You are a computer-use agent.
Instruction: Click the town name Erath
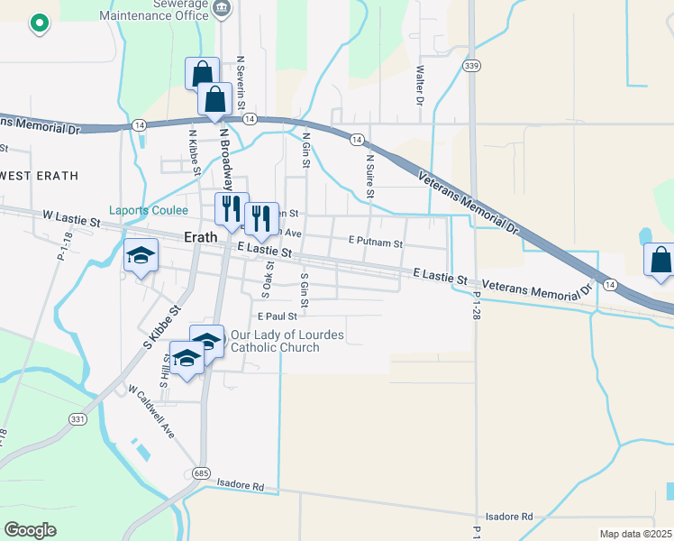tap(201, 237)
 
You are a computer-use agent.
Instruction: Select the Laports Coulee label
tap(149, 211)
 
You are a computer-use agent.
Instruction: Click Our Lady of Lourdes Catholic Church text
tap(287, 341)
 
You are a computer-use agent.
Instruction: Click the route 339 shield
tap(471, 66)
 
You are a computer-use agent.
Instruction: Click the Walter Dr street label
tap(420, 85)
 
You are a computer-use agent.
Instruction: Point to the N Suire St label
tap(369, 175)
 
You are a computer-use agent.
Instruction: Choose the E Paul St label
tap(277, 316)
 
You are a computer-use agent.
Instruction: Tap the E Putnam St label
tap(375, 243)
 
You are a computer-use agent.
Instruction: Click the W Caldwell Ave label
tap(150, 412)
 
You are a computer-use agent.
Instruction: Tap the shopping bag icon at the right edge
tap(660, 261)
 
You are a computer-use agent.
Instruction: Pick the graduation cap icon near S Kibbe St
tap(141, 255)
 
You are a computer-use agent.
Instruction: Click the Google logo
tap(31, 530)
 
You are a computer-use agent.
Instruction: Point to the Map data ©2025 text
tap(635, 534)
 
